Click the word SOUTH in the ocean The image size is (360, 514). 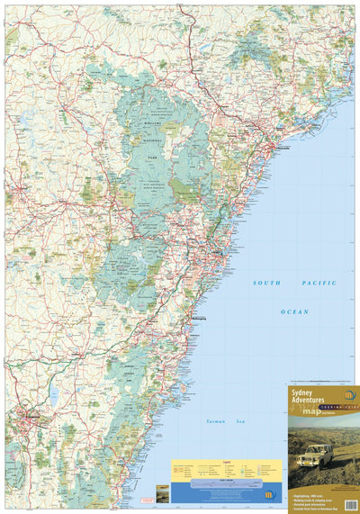[268, 284]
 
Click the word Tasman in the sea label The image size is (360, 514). [205, 421]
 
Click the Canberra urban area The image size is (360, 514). [33, 417]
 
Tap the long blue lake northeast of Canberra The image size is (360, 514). [54, 393]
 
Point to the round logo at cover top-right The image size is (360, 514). [349, 395]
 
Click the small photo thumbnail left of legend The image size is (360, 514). [161, 492]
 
